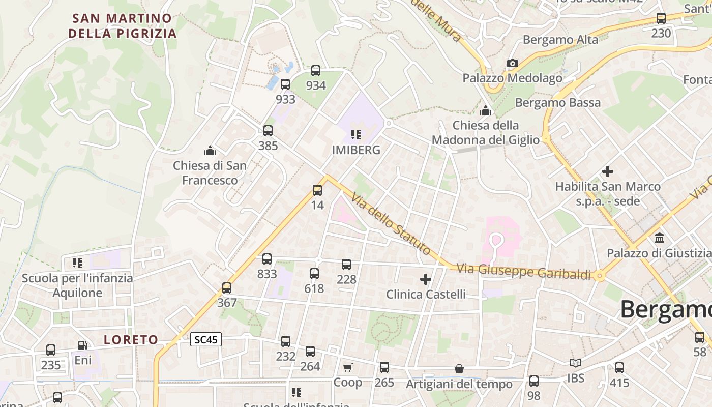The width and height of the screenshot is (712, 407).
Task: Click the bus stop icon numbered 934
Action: coord(316,71)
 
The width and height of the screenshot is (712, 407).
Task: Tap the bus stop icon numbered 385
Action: coord(268,131)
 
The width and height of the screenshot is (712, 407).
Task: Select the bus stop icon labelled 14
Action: coord(317,190)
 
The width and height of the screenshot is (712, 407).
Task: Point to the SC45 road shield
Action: coord(206,339)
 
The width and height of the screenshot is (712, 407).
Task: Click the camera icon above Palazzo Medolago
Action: coord(513,64)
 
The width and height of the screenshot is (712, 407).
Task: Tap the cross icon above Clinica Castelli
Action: coord(426,279)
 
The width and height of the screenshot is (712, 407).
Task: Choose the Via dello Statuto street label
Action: coord(391,225)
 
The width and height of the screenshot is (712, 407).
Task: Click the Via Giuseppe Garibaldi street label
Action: coord(524,272)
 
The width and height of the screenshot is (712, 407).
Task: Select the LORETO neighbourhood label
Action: coord(131,339)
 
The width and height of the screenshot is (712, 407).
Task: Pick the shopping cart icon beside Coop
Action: coord(348,367)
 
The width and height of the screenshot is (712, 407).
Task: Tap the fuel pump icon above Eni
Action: coord(82,346)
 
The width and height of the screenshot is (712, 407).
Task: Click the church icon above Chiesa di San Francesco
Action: coord(210,151)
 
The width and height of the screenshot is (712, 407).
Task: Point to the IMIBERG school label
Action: coord(356,150)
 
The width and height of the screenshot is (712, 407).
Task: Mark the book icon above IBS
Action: coord(576,363)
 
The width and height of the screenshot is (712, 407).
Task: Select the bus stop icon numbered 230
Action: coord(661,18)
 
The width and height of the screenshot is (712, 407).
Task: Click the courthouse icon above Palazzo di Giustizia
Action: coord(660,238)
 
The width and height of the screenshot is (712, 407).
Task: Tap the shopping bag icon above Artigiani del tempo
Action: coord(459,369)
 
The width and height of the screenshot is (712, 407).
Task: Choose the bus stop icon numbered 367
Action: coord(227,288)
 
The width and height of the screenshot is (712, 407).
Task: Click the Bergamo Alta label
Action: coord(560,39)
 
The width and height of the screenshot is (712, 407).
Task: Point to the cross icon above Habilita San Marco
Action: coord(607,171)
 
